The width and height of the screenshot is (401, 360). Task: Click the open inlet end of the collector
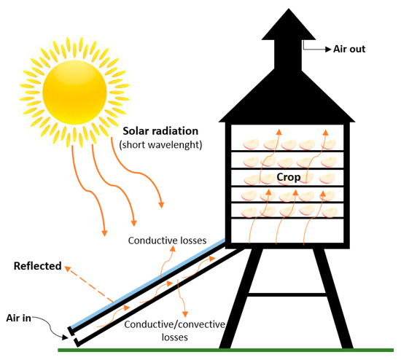coord(71,334)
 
